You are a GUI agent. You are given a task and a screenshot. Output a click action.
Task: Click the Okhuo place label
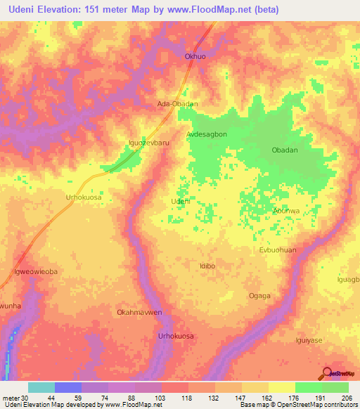coord(193,56)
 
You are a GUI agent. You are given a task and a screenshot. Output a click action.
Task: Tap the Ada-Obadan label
coord(176,103)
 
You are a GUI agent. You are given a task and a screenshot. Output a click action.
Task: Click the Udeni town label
coord(181,201)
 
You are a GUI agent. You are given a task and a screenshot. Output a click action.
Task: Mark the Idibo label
coord(207,266)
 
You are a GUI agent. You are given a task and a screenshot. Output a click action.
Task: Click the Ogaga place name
coord(259,296)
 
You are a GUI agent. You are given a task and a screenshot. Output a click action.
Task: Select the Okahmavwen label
coord(139,312)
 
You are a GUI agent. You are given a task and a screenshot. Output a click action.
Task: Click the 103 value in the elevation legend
coord(161,398)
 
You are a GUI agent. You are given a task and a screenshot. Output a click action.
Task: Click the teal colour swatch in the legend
coord(41,387)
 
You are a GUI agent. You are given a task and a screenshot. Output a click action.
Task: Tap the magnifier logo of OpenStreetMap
coord(327,372)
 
